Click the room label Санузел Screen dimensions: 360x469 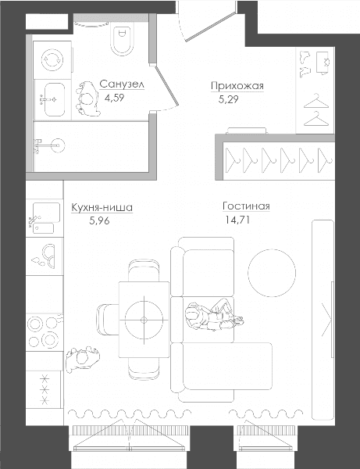pyautogui.click(x=122, y=84)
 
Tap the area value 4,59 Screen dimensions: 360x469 pyautogui.click(x=115, y=98)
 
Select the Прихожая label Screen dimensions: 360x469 pyautogui.click(x=237, y=86)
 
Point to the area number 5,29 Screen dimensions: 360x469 pyautogui.click(x=229, y=99)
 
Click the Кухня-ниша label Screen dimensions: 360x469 pyautogui.click(x=102, y=207)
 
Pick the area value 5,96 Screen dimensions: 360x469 pyautogui.click(x=99, y=220)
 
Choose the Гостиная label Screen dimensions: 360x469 pyautogui.click(x=246, y=206)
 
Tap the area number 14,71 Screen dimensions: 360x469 pyautogui.click(x=237, y=220)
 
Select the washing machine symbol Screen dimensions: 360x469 pyautogui.click(x=52, y=60)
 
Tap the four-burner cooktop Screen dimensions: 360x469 pyautogui.click(x=45, y=332)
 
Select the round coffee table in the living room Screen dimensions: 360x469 pyautogui.click(x=272, y=273)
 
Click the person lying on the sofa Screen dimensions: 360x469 pyautogui.click(x=213, y=315)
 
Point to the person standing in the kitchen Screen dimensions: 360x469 pyautogui.click(x=83, y=358)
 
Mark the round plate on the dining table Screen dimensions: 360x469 pyautogui.click(x=144, y=320)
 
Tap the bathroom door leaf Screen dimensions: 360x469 pyautogui.click(x=166, y=86)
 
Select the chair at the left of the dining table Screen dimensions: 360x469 pyautogui.click(x=108, y=319)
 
